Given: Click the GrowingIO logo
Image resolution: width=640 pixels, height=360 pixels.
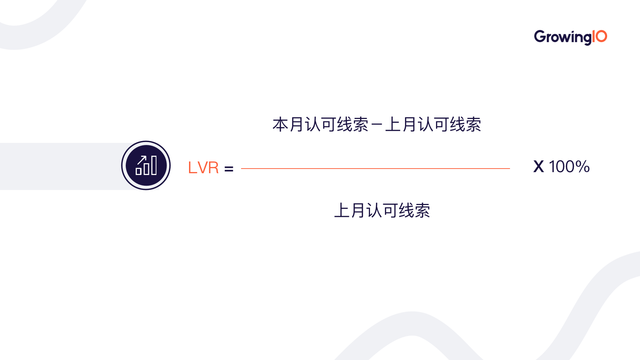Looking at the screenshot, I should tap(570, 37).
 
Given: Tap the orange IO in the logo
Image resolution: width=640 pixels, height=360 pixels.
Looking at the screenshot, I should tap(600, 36).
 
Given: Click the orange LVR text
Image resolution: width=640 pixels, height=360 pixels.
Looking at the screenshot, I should tap(203, 167).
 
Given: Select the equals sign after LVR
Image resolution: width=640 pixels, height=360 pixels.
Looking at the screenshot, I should tap(229, 169).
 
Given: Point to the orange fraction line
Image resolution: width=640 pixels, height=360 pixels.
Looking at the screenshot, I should tap(375, 169).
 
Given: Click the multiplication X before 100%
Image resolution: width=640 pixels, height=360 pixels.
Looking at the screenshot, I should tap(539, 167).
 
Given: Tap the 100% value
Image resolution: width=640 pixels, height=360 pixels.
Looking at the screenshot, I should tap(569, 167).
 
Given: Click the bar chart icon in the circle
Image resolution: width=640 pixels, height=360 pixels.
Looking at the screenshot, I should tap(146, 165).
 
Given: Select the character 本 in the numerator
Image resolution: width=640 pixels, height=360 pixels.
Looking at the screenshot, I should tap(280, 125).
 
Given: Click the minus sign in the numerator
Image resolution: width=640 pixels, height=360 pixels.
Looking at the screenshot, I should tap(377, 125).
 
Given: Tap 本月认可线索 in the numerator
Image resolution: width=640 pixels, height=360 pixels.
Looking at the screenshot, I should tap(320, 125).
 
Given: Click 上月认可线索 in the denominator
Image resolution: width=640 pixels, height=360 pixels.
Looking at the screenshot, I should tap(382, 210).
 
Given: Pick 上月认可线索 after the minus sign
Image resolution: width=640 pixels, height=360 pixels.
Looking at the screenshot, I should tap(433, 125).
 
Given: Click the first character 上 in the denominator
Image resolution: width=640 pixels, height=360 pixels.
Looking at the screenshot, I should tap(342, 210).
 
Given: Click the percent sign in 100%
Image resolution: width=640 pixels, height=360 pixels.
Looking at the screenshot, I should tap(582, 167).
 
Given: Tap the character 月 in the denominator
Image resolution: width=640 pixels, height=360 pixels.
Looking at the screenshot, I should tap(358, 210).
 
